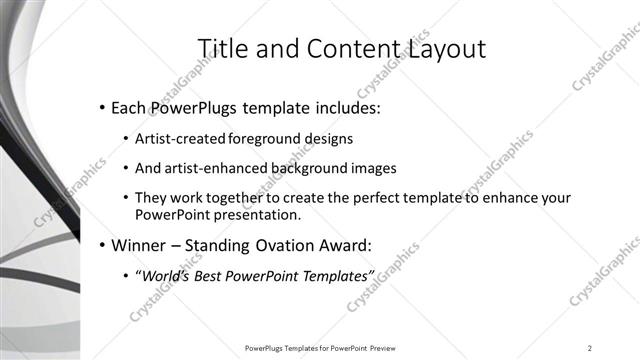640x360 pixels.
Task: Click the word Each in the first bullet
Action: [131, 107]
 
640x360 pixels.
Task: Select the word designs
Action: [329, 138]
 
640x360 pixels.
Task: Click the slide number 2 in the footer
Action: [590, 348]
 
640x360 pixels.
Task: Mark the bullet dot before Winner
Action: [102, 245]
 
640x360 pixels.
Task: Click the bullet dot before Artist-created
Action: [125, 138]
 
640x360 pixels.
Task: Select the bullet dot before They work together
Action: [125, 200]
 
